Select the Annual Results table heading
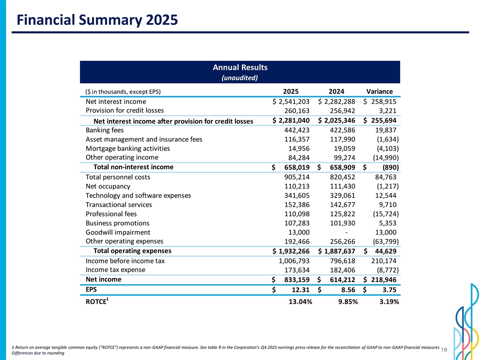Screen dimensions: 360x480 (x=240, y=67)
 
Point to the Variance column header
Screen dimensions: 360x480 (x=379, y=91)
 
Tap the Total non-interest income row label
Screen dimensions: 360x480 (x=130, y=167)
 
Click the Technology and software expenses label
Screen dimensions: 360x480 (x=138, y=195)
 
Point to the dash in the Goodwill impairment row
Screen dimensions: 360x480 (x=345, y=232)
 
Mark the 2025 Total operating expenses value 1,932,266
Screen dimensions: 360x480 (x=292, y=251)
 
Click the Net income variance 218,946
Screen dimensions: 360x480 (x=384, y=279)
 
